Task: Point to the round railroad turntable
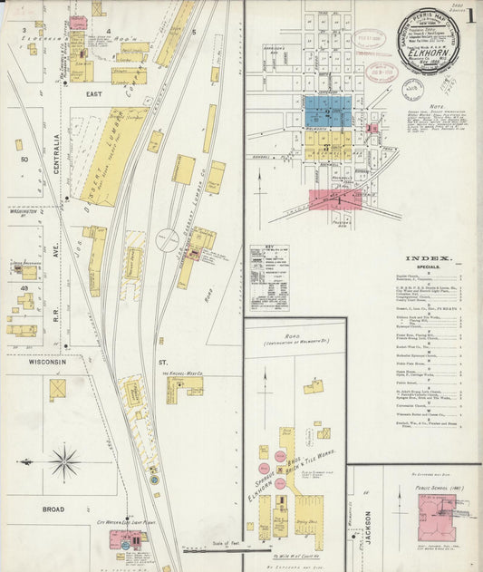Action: click(168, 242)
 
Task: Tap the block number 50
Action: click(24, 160)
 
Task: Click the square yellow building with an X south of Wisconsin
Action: click(58, 390)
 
